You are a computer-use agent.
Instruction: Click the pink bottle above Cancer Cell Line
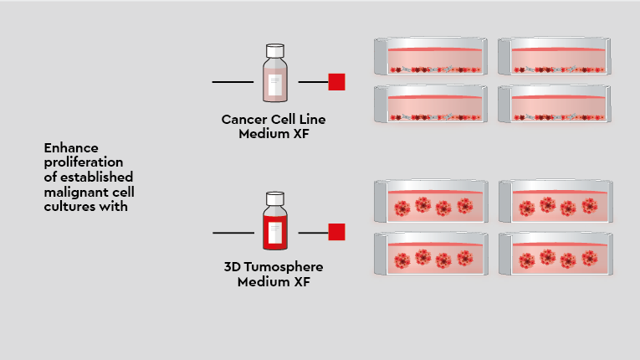275,76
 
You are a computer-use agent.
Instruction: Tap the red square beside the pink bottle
336,82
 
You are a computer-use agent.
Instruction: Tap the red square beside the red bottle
336,232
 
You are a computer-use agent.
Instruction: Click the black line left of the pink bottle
233,82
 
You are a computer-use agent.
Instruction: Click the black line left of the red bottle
233,232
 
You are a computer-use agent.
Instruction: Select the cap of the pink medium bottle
275,51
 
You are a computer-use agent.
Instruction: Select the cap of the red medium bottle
275,198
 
